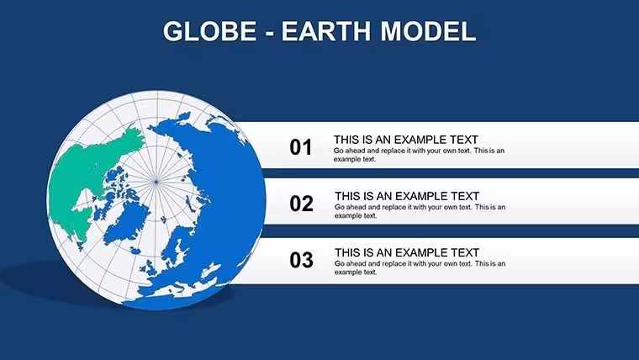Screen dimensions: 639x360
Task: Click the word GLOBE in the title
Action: pos(210,31)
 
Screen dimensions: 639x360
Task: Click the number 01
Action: pos(301,147)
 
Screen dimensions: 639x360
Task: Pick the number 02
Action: pos(301,204)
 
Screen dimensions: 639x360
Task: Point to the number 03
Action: pos(301,260)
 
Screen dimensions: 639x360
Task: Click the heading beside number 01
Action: pos(406,140)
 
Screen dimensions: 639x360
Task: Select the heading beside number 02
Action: pos(407,196)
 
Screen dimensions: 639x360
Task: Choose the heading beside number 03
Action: pos(407,252)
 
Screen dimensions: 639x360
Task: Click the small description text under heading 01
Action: pos(419,155)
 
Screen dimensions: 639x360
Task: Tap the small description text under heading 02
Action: pos(420,211)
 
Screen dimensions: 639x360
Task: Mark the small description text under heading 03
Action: pos(420,267)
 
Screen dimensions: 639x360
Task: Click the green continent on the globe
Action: pos(86,172)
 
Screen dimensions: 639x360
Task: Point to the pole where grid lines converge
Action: pos(156,182)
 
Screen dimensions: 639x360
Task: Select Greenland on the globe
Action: pos(127,222)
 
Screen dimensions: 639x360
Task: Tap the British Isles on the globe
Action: pos(150,267)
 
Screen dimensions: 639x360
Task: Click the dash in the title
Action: pos(269,33)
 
